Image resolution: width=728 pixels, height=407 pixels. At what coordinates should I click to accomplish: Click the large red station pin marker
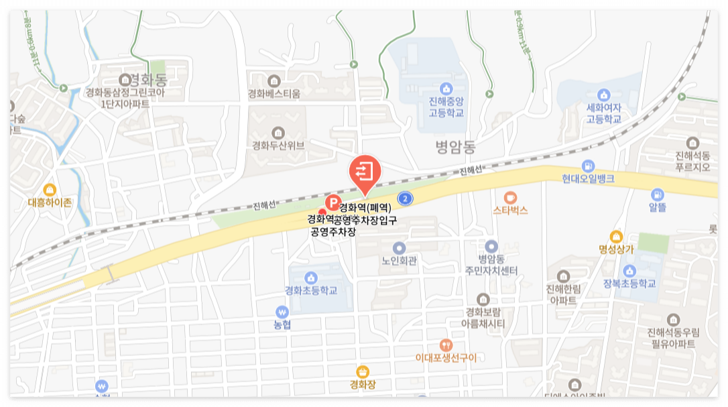(365, 171)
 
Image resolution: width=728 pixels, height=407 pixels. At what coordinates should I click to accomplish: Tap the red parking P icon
(332, 202)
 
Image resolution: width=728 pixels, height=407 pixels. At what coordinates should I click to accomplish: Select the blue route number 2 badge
(404, 198)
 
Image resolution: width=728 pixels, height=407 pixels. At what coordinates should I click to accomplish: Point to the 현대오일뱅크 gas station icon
(588, 166)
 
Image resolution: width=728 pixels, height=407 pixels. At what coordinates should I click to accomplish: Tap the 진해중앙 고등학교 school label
(446, 107)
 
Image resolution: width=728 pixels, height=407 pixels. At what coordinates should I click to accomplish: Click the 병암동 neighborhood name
(454, 145)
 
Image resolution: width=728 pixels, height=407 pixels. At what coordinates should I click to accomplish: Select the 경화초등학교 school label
(310, 291)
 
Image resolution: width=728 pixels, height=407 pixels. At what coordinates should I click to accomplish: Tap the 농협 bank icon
(282, 312)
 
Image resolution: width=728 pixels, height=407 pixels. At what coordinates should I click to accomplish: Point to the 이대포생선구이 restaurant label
(446, 357)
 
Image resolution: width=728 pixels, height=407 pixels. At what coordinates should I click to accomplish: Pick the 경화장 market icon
(363, 371)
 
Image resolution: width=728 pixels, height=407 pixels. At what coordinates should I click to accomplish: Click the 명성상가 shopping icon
(616, 236)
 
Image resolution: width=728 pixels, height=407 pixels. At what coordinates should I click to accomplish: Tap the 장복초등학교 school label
(629, 283)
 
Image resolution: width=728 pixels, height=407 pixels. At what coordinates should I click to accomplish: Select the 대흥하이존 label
(50, 201)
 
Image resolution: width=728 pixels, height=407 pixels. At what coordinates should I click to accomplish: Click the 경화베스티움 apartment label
(274, 93)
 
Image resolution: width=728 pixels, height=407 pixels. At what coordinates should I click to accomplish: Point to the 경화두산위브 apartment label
(278, 145)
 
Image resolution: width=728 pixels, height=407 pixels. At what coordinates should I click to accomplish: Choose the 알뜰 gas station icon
(657, 193)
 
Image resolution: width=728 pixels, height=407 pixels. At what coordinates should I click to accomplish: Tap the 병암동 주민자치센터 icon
(492, 247)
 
